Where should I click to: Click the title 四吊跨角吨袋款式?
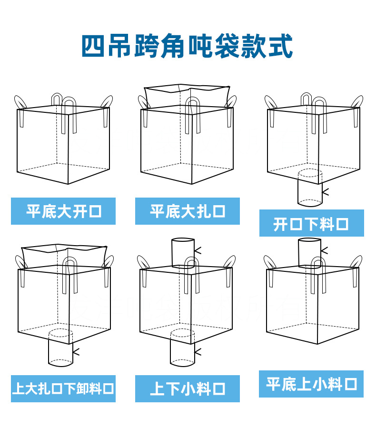point(187,46)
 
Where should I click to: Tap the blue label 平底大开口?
point(63,211)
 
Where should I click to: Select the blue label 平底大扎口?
point(188,211)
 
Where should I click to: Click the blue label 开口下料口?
point(311,223)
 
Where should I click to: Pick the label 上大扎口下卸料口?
point(63,388)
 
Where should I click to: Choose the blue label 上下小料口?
point(188,388)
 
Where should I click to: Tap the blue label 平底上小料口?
point(311,384)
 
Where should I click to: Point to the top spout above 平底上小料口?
point(309,253)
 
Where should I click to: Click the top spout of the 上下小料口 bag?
point(183,253)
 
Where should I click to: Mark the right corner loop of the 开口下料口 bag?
point(357,102)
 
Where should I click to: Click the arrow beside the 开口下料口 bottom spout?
point(326,192)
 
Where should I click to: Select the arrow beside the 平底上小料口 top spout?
point(324,250)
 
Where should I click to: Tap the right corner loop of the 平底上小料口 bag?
point(357,263)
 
